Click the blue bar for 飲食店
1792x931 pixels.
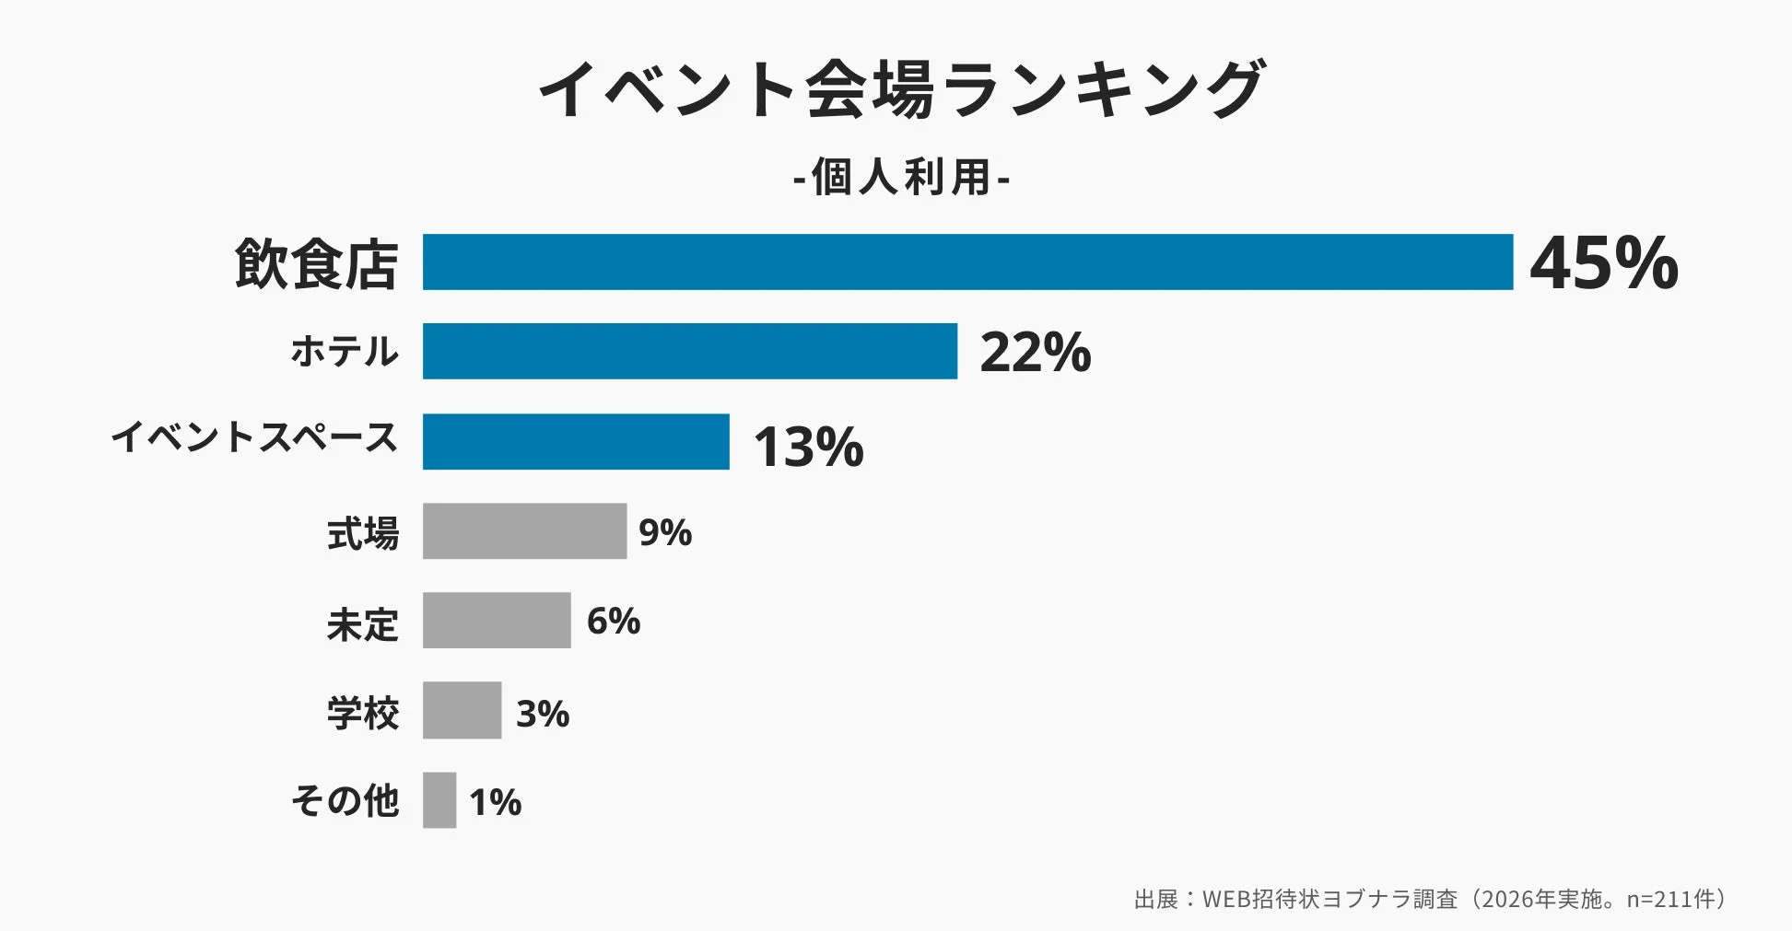tap(967, 262)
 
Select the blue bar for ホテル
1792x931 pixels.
tap(689, 351)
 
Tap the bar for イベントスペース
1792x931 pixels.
tap(576, 441)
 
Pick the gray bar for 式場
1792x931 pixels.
tap(524, 531)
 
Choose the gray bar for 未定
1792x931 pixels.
tap(497, 621)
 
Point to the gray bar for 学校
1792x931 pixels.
tap(462, 710)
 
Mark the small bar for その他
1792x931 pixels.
tap(439, 800)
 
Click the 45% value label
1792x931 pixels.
tap(1604, 263)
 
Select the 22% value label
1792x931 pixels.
tap(1035, 352)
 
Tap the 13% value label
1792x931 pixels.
tap(808, 447)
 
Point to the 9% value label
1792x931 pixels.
tap(664, 532)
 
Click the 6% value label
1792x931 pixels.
tap(613, 622)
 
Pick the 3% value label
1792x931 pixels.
tap(542, 714)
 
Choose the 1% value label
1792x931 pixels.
tap(495, 802)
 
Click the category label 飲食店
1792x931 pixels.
tap(316, 264)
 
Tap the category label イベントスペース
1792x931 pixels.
tap(254, 437)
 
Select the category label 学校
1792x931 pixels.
tap(363, 714)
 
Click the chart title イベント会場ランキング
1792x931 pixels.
tap(901, 89)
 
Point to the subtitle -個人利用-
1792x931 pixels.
tap(901, 177)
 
